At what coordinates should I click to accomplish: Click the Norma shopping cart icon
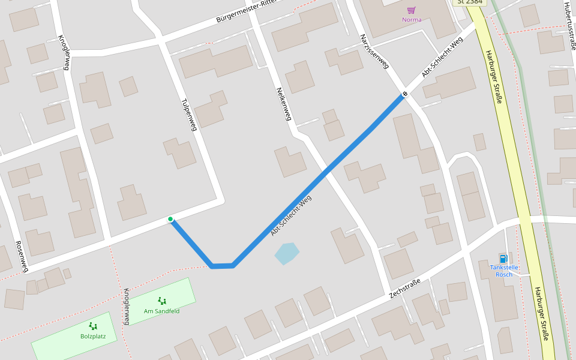click(x=411, y=10)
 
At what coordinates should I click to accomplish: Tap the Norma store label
click(x=412, y=20)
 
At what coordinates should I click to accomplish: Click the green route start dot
click(x=171, y=219)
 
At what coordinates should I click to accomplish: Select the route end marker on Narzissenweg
click(x=405, y=94)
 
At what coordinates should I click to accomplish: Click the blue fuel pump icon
click(x=503, y=258)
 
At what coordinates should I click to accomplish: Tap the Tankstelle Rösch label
click(x=504, y=271)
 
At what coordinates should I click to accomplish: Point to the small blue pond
click(x=287, y=253)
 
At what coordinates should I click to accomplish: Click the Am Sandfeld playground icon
click(x=161, y=301)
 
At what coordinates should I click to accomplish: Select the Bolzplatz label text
click(x=93, y=336)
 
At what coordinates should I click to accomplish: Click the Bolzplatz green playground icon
click(x=93, y=326)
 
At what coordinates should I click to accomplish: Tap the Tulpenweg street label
click(x=188, y=114)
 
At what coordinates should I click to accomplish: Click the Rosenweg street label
click(x=22, y=256)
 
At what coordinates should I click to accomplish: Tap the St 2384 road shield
click(x=469, y=2)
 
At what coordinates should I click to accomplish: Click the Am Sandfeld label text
click(x=161, y=311)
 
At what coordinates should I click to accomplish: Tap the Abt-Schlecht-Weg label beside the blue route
click(x=292, y=214)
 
